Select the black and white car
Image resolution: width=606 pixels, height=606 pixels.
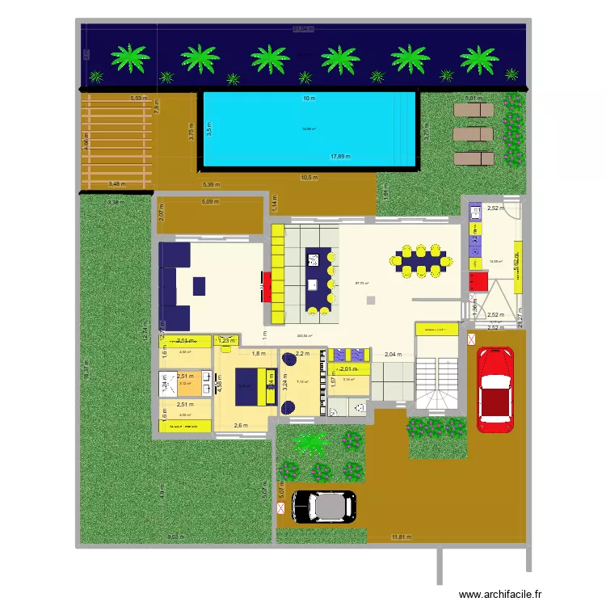tap(322, 507)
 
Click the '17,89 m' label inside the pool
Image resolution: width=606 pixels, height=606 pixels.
tap(339, 157)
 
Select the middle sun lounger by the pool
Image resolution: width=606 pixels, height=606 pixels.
tap(472, 133)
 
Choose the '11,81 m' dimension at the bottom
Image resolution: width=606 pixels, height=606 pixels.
tap(401, 537)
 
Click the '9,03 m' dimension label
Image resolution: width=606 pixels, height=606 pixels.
tap(175, 537)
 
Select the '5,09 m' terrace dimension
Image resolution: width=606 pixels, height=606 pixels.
tap(210, 202)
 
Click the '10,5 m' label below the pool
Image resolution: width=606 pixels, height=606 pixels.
tap(309, 178)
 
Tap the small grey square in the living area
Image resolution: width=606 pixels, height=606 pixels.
tap(370, 301)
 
